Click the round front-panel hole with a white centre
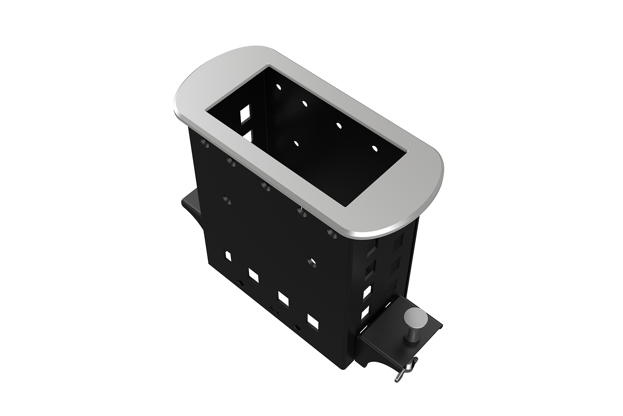click(310, 261)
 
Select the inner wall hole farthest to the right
click(375, 149)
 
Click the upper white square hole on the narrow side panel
click(366, 292)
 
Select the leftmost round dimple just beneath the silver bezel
click(206, 145)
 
